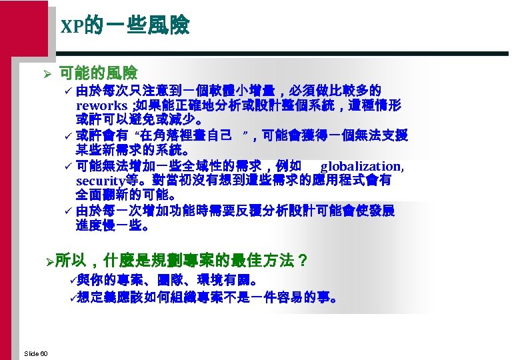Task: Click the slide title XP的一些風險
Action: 125,26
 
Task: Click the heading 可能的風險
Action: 98,72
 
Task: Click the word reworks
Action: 101,106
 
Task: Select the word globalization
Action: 361,166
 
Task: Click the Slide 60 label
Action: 35,352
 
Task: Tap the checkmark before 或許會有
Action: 68,136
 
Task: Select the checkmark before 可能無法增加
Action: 68,166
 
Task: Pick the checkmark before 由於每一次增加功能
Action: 68,211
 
